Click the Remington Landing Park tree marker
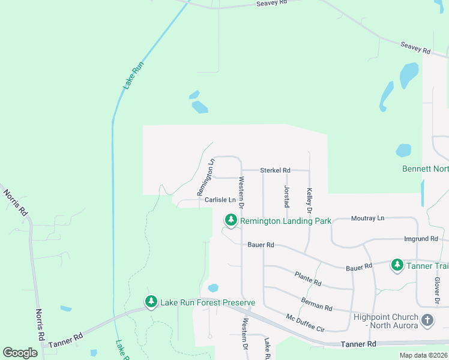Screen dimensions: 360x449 point(231,221)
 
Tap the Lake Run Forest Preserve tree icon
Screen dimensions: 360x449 point(151,301)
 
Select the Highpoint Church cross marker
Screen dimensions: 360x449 point(427,320)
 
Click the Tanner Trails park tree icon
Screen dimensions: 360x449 point(397,265)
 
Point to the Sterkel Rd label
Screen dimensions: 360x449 point(276,170)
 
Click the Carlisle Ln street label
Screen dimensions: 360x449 point(220,200)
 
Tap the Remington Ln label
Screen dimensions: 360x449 point(206,177)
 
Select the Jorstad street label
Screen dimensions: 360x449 point(286,196)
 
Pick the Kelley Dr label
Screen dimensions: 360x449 point(310,201)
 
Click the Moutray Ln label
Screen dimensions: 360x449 point(367,218)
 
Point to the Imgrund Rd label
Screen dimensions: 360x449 point(420,239)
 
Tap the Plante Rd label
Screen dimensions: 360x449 point(308,278)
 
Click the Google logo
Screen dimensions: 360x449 point(20,353)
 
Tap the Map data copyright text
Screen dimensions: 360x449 point(423,355)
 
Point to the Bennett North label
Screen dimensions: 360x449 point(425,169)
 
